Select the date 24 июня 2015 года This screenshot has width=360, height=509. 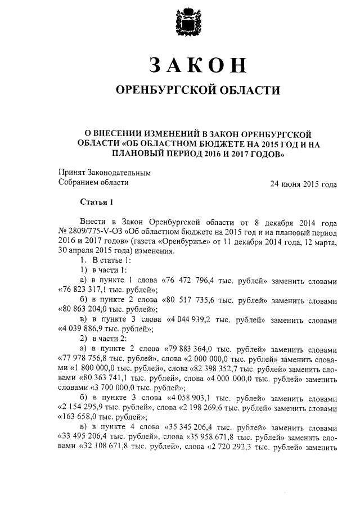click(x=304, y=183)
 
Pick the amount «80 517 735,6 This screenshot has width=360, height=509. click(x=190, y=299)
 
